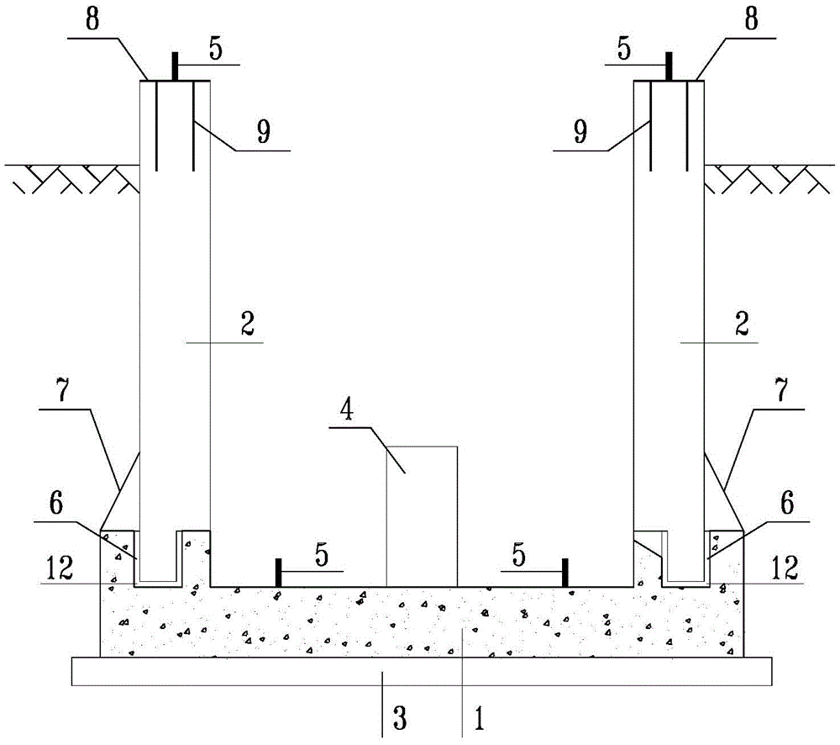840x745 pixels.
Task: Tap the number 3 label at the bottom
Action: click(x=400, y=717)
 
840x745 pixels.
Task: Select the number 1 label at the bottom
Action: click(x=480, y=717)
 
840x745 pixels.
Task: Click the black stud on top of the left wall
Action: click(x=175, y=66)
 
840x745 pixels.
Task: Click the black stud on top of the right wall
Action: click(x=669, y=66)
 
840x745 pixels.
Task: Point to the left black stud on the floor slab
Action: click(x=278, y=573)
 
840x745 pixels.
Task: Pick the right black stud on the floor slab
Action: click(x=564, y=573)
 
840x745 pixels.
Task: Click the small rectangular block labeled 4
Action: click(x=423, y=516)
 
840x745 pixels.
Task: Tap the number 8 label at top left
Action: click(x=92, y=20)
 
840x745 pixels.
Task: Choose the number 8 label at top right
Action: click(x=752, y=20)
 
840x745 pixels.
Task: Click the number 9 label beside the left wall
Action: click(x=263, y=132)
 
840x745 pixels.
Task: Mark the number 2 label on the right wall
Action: click(x=742, y=324)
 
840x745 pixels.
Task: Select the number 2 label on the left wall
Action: click(x=247, y=324)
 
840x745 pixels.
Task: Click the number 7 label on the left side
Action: click(x=63, y=390)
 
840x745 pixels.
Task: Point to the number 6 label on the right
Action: click(x=786, y=503)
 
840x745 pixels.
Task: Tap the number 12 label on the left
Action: click(x=60, y=568)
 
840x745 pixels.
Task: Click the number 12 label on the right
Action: click(x=785, y=568)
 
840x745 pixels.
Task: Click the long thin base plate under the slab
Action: click(x=422, y=672)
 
